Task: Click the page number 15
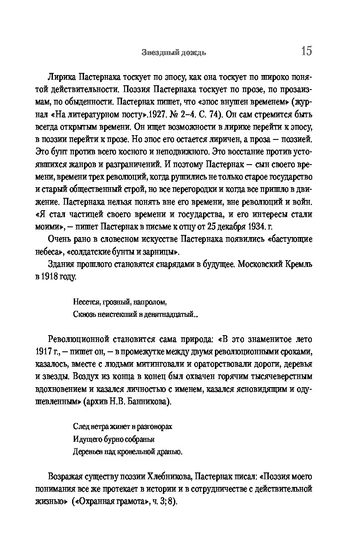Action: point(306,51)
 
